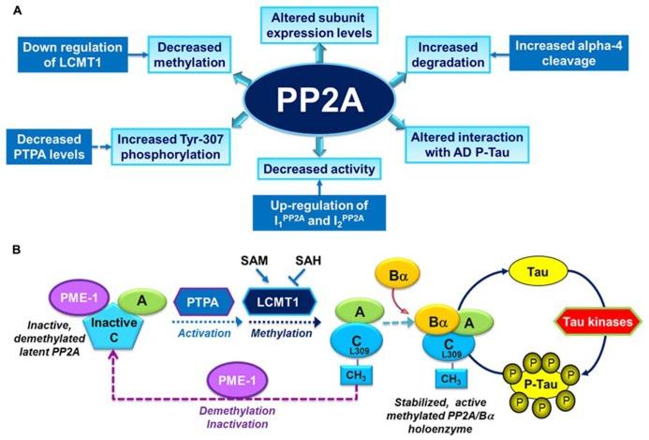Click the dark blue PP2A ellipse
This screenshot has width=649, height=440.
[319, 99]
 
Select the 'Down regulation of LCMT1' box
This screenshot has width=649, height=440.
[72, 54]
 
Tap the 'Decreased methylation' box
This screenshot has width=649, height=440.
[189, 54]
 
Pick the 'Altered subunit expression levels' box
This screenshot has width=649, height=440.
[319, 25]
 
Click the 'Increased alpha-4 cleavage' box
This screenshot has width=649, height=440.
[568, 53]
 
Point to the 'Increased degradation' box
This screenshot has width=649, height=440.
[448, 54]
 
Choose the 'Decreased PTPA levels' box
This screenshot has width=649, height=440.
[49, 146]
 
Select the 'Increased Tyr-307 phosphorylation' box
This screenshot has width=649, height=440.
[170, 146]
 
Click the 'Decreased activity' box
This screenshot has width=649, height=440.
[319, 169]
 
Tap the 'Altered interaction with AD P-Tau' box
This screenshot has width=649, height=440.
[467, 144]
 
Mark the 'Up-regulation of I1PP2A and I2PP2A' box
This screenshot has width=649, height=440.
[319, 213]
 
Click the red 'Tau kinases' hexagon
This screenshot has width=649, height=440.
[597, 322]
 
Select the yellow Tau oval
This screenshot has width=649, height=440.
[538, 272]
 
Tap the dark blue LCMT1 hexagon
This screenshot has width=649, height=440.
[278, 302]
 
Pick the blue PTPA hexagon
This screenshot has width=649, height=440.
[203, 302]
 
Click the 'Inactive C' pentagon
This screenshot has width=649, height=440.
[114, 331]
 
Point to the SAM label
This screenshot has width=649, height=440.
[255, 261]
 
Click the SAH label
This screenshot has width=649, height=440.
[308, 261]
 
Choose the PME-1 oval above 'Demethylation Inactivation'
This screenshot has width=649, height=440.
[237, 380]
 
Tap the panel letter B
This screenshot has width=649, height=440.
[17, 250]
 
